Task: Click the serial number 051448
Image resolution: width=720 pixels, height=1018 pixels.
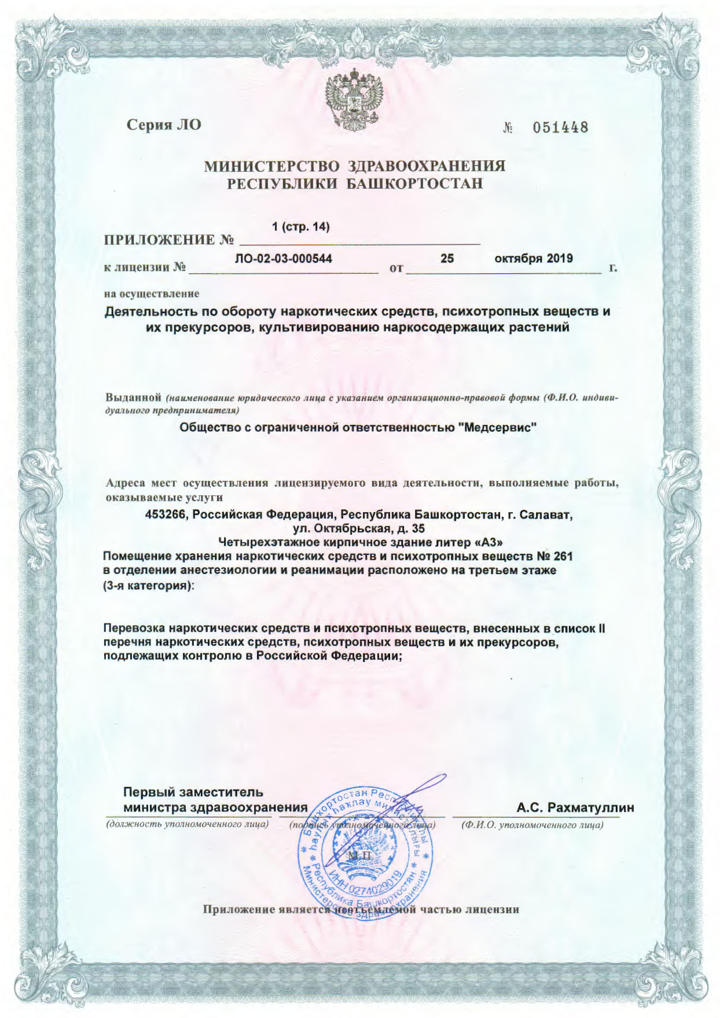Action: [560, 127]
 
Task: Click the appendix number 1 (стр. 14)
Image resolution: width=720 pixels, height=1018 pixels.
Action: [301, 227]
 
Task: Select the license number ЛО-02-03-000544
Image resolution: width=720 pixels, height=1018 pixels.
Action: [283, 259]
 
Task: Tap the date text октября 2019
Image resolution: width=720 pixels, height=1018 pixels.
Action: [534, 258]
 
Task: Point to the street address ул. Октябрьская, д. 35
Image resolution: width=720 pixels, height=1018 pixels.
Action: [359, 528]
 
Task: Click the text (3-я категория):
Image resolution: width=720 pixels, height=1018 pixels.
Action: [149, 585]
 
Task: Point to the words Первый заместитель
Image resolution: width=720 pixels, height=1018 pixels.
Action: [193, 792]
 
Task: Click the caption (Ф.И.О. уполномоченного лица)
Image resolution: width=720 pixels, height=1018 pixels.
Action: [532, 825]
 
